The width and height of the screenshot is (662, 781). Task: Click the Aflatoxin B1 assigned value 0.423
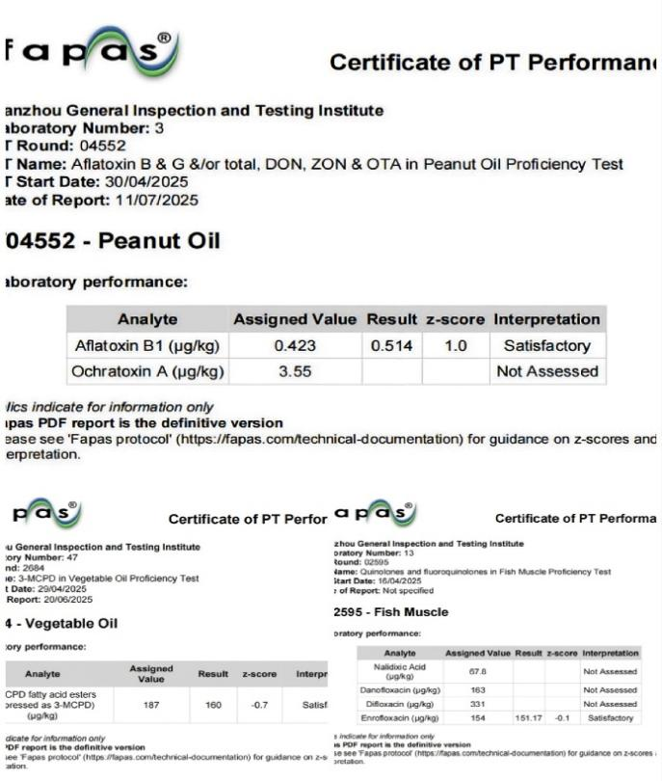[x=296, y=345]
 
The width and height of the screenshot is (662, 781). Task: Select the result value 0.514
[x=390, y=345]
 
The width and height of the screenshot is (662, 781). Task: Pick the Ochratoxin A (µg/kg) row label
[x=149, y=371]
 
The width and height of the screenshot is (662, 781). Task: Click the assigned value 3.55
[x=296, y=371]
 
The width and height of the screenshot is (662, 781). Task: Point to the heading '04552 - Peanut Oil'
[x=113, y=240]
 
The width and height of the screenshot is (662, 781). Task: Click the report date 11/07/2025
[x=155, y=201]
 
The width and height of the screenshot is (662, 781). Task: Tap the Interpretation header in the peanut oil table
[x=546, y=319]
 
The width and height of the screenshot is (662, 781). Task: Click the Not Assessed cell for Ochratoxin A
[x=546, y=371]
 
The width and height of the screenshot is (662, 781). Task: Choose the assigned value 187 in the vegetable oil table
[x=151, y=705]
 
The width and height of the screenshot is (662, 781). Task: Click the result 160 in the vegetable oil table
[x=213, y=705]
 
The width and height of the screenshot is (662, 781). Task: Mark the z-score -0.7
[x=259, y=705]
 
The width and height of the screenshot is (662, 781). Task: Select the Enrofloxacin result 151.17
[x=529, y=718]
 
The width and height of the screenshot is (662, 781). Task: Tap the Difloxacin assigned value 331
[x=477, y=704]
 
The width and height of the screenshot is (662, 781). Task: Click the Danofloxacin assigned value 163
[x=477, y=689]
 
